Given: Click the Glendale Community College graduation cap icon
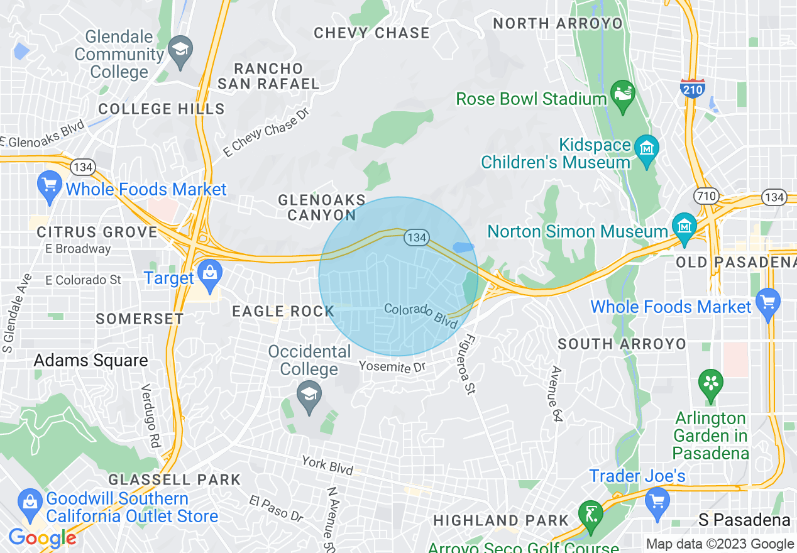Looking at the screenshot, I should (x=181, y=50).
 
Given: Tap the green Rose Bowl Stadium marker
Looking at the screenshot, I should (x=624, y=94).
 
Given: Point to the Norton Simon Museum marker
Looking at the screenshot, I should (x=684, y=227).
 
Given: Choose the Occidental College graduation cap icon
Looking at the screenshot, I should (x=308, y=397).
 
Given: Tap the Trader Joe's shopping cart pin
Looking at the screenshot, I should (x=657, y=503).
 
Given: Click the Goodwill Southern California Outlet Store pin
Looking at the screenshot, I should (x=30, y=503).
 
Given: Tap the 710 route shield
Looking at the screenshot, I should (x=706, y=196).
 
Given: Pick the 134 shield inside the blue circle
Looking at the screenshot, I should (x=416, y=238).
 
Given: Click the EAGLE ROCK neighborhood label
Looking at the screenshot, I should (x=283, y=311).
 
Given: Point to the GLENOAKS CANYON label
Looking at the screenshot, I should (x=322, y=207).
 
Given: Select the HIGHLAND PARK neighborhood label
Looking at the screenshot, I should (x=500, y=520).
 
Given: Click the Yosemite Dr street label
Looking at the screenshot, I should (x=392, y=366).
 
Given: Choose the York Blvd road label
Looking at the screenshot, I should (x=327, y=465).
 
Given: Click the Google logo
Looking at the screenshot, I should (x=42, y=538).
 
